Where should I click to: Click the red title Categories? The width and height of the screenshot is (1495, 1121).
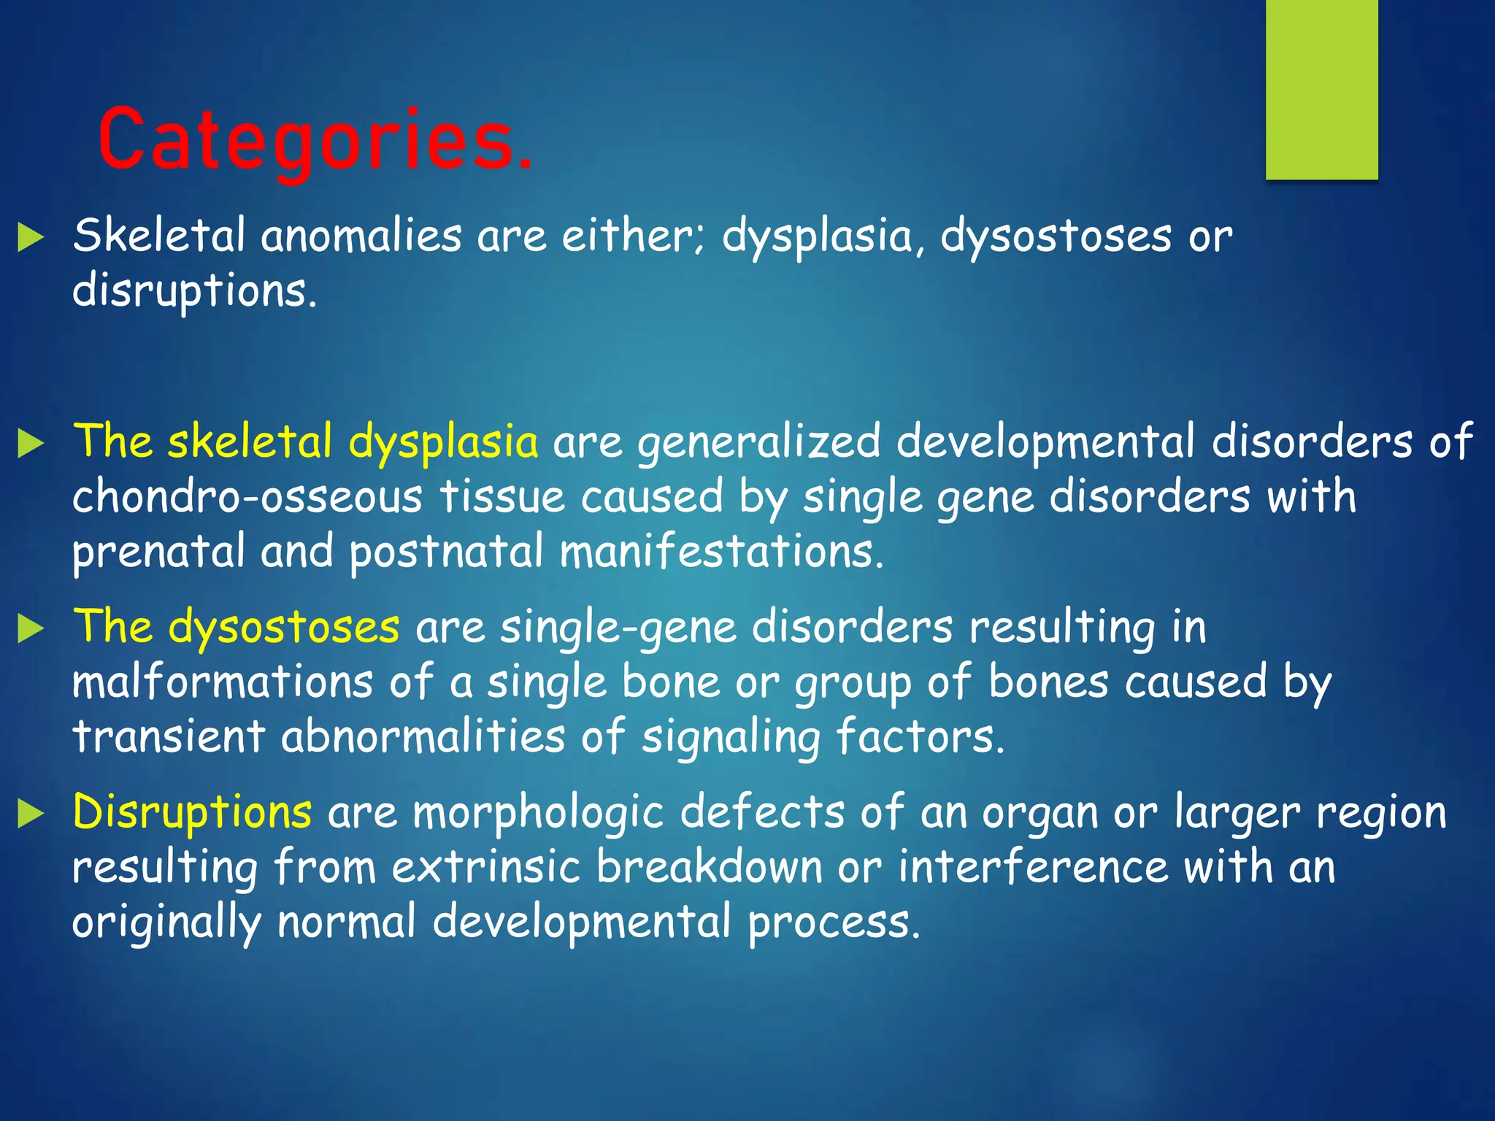(x=315, y=140)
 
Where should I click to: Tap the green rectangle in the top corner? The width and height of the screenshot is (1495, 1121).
(x=1321, y=89)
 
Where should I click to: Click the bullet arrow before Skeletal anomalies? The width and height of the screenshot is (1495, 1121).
(x=31, y=238)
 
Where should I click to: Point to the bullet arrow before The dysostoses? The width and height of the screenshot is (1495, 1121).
(x=31, y=628)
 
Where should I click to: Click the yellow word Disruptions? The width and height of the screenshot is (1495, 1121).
(x=192, y=812)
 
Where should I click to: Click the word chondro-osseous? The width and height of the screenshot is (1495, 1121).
(x=247, y=497)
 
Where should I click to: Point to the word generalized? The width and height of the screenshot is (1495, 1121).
(x=758, y=443)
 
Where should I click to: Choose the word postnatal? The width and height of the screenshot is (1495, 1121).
(x=446, y=552)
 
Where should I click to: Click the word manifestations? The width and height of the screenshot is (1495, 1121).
(x=721, y=552)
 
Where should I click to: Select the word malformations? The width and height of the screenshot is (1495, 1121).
(x=223, y=682)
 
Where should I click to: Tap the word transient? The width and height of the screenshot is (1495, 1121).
(x=169, y=736)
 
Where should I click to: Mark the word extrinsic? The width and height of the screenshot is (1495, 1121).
(x=485, y=867)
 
